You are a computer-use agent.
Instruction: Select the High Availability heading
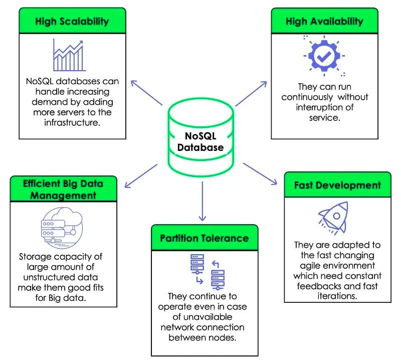pos(324,21)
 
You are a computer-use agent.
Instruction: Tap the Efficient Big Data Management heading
pos(63,189)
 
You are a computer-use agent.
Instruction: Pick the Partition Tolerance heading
pos(204,237)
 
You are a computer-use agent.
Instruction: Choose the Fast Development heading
pos(337,185)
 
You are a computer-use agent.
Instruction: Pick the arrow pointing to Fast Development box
pos(261,173)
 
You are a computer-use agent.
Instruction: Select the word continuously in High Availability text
pos(307,97)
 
